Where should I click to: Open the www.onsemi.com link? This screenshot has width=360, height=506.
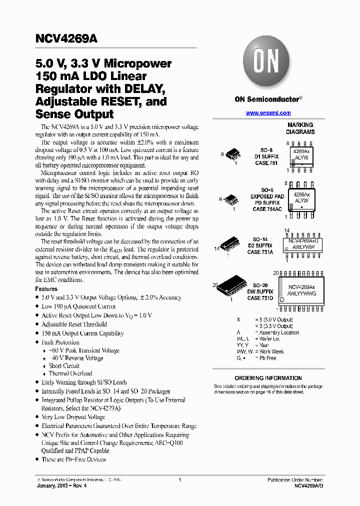pyautogui.click(x=268, y=113)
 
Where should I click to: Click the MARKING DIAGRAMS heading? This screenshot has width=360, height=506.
pyautogui.click(x=300, y=128)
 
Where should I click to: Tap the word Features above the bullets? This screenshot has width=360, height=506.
pyautogui.click(x=46, y=289)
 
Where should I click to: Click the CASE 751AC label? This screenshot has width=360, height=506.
pyautogui.click(x=267, y=209)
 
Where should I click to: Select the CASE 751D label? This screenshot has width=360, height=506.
pyautogui.click(x=260, y=298)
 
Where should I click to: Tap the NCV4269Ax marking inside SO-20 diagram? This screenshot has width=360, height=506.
pyautogui.click(x=301, y=287)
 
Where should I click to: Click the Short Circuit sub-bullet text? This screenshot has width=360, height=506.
pyautogui.click(x=64, y=365)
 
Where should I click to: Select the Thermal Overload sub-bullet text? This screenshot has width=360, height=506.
pyautogui.click(x=70, y=373)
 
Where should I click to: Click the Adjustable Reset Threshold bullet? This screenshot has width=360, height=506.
pyautogui.click(x=74, y=324)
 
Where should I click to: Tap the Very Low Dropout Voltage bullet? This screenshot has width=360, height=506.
pyautogui.click(x=73, y=417)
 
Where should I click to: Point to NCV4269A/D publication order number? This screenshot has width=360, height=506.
pyautogui.click(x=308, y=485)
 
